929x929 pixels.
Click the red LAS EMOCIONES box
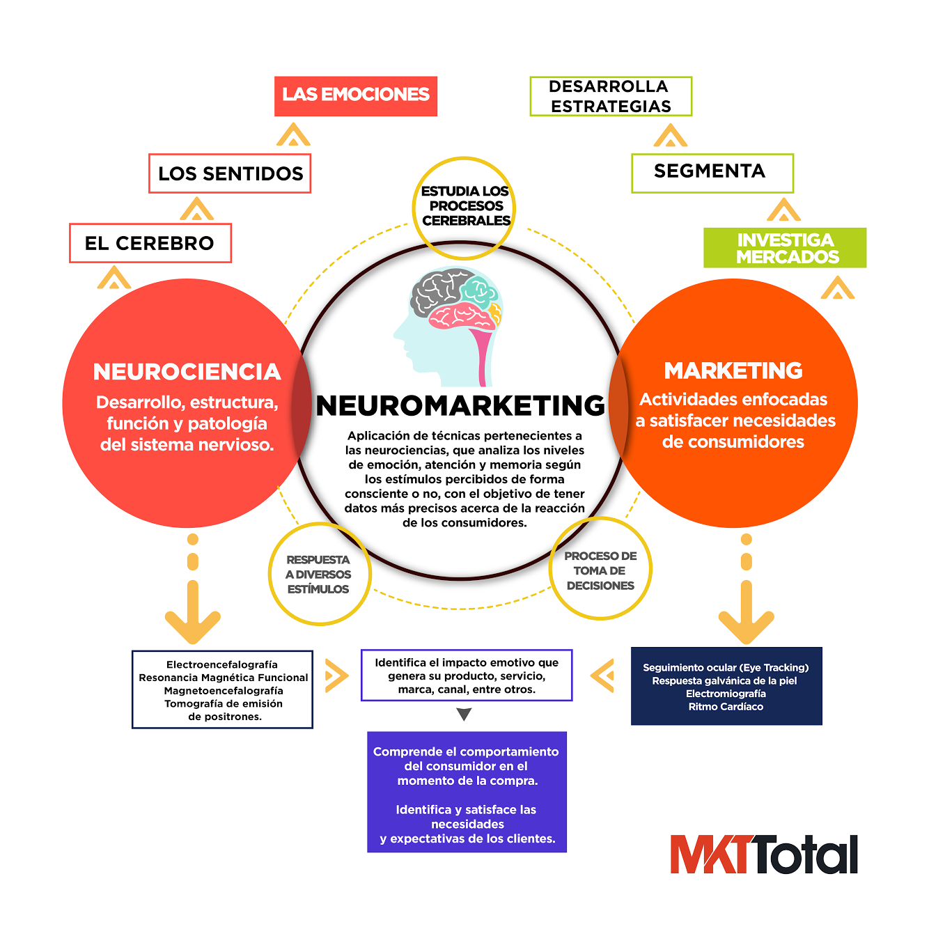pyautogui.click(x=356, y=96)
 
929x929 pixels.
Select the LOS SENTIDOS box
pyautogui.click(x=230, y=173)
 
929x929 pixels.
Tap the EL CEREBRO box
pyautogui.click(x=150, y=243)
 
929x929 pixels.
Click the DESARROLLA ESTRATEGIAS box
pyautogui.click(x=611, y=96)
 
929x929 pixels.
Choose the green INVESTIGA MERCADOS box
pyautogui.click(x=785, y=248)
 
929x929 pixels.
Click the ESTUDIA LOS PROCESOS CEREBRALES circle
pyautogui.click(x=464, y=206)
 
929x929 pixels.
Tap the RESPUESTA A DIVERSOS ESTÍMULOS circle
pyautogui.click(x=319, y=575)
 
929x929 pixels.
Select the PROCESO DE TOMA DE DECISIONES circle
pyautogui.click(x=600, y=570)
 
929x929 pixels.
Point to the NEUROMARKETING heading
pyautogui.click(x=460, y=406)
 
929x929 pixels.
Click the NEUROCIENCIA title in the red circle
pyautogui.click(x=187, y=372)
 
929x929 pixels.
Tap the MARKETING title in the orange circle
pyautogui.click(x=733, y=370)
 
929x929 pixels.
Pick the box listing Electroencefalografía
pyautogui.click(x=223, y=689)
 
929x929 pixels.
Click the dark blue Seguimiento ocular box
pyautogui.click(x=726, y=687)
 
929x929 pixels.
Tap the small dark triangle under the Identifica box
pyautogui.click(x=464, y=715)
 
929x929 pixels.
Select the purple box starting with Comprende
pyautogui.click(x=467, y=792)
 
